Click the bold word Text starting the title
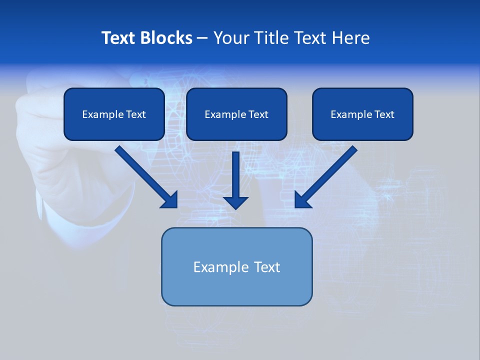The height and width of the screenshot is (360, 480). point(118,38)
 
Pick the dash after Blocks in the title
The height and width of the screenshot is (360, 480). point(202,38)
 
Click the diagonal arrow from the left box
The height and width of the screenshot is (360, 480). point(145,176)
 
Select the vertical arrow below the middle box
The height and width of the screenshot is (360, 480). point(235,175)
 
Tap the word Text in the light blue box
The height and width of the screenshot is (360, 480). point(267,267)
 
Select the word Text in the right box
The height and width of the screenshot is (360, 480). point(384,114)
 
